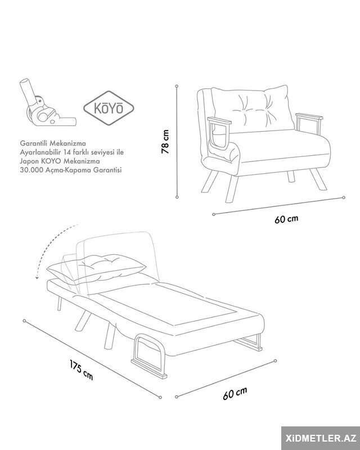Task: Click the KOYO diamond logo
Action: (x=109, y=108)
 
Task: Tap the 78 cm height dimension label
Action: (x=165, y=142)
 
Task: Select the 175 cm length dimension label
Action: (x=81, y=370)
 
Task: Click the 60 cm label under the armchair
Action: (x=286, y=219)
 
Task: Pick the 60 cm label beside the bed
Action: (x=235, y=393)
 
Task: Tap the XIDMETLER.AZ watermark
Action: (x=321, y=438)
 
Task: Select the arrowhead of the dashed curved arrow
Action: (x=37, y=277)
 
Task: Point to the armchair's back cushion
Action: (x=253, y=109)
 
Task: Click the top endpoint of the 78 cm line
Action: (x=177, y=86)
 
